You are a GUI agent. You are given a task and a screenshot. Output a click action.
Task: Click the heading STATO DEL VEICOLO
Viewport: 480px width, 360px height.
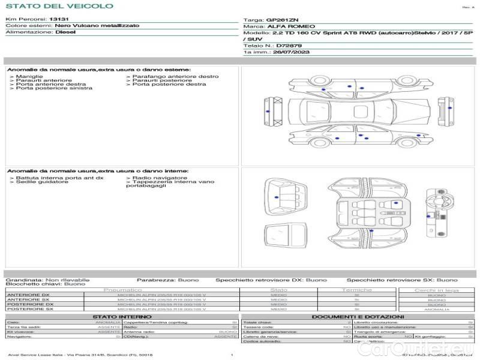coord(59,6)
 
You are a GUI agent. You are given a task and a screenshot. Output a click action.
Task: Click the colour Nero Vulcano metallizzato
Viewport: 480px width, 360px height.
coord(97,26)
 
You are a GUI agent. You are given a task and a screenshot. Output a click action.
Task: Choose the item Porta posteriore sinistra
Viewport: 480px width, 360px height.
coord(54,88)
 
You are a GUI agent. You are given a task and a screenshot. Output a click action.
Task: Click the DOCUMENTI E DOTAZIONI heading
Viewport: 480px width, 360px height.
coord(358,316)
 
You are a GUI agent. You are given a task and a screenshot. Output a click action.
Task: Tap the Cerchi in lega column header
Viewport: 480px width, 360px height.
coord(436,290)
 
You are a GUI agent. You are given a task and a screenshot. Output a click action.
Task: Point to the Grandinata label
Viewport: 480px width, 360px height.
coord(24,280)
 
